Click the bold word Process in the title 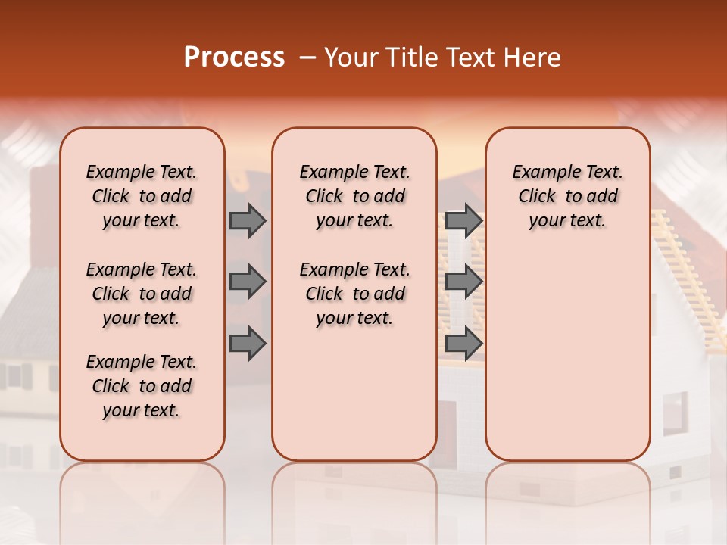(234, 58)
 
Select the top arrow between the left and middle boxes (248, 220)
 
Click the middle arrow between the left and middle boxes (248, 282)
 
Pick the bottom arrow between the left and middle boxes (248, 344)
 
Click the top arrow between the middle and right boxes (463, 220)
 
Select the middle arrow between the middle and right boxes (463, 282)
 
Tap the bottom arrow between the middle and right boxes (463, 344)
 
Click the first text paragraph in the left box (142, 196)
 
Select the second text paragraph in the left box (142, 294)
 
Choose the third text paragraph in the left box (142, 386)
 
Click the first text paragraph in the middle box (354, 196)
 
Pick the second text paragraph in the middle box (354, 294)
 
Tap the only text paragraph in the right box (567, 196)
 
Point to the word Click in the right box (537, 197)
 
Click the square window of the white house (675, 413)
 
